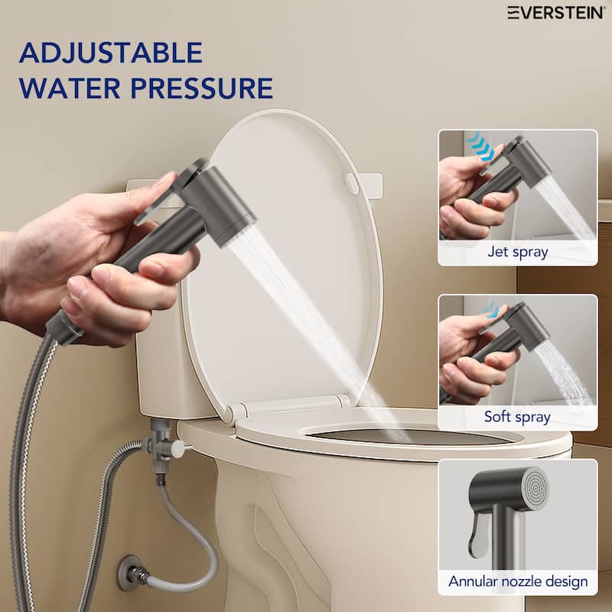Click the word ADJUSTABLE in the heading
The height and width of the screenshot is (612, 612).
coord(111,53)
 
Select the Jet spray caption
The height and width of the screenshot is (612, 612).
coord(517,252)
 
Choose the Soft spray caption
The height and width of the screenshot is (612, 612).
coord(517,417)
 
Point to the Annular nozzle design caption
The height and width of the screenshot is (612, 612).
coord(517,582)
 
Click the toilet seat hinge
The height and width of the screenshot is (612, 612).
coord(329,401)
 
